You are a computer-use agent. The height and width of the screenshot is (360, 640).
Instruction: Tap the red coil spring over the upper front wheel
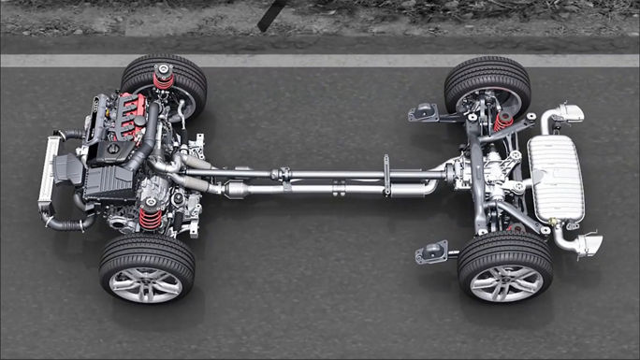164,80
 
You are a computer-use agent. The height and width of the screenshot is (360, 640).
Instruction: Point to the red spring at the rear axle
504,121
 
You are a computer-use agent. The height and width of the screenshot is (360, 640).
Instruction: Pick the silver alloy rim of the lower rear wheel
505,282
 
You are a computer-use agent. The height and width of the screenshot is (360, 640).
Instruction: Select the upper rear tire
487,77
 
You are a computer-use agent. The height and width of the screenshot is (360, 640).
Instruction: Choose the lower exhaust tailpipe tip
586,245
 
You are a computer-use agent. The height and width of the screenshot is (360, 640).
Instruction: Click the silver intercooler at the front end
48,173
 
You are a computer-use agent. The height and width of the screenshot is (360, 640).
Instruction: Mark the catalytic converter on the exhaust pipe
238,191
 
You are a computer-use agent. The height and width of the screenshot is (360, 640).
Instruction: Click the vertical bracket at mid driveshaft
385,175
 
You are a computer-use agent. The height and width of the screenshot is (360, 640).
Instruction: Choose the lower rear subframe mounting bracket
431,252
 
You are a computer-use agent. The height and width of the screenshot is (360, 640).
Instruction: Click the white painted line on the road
318,60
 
